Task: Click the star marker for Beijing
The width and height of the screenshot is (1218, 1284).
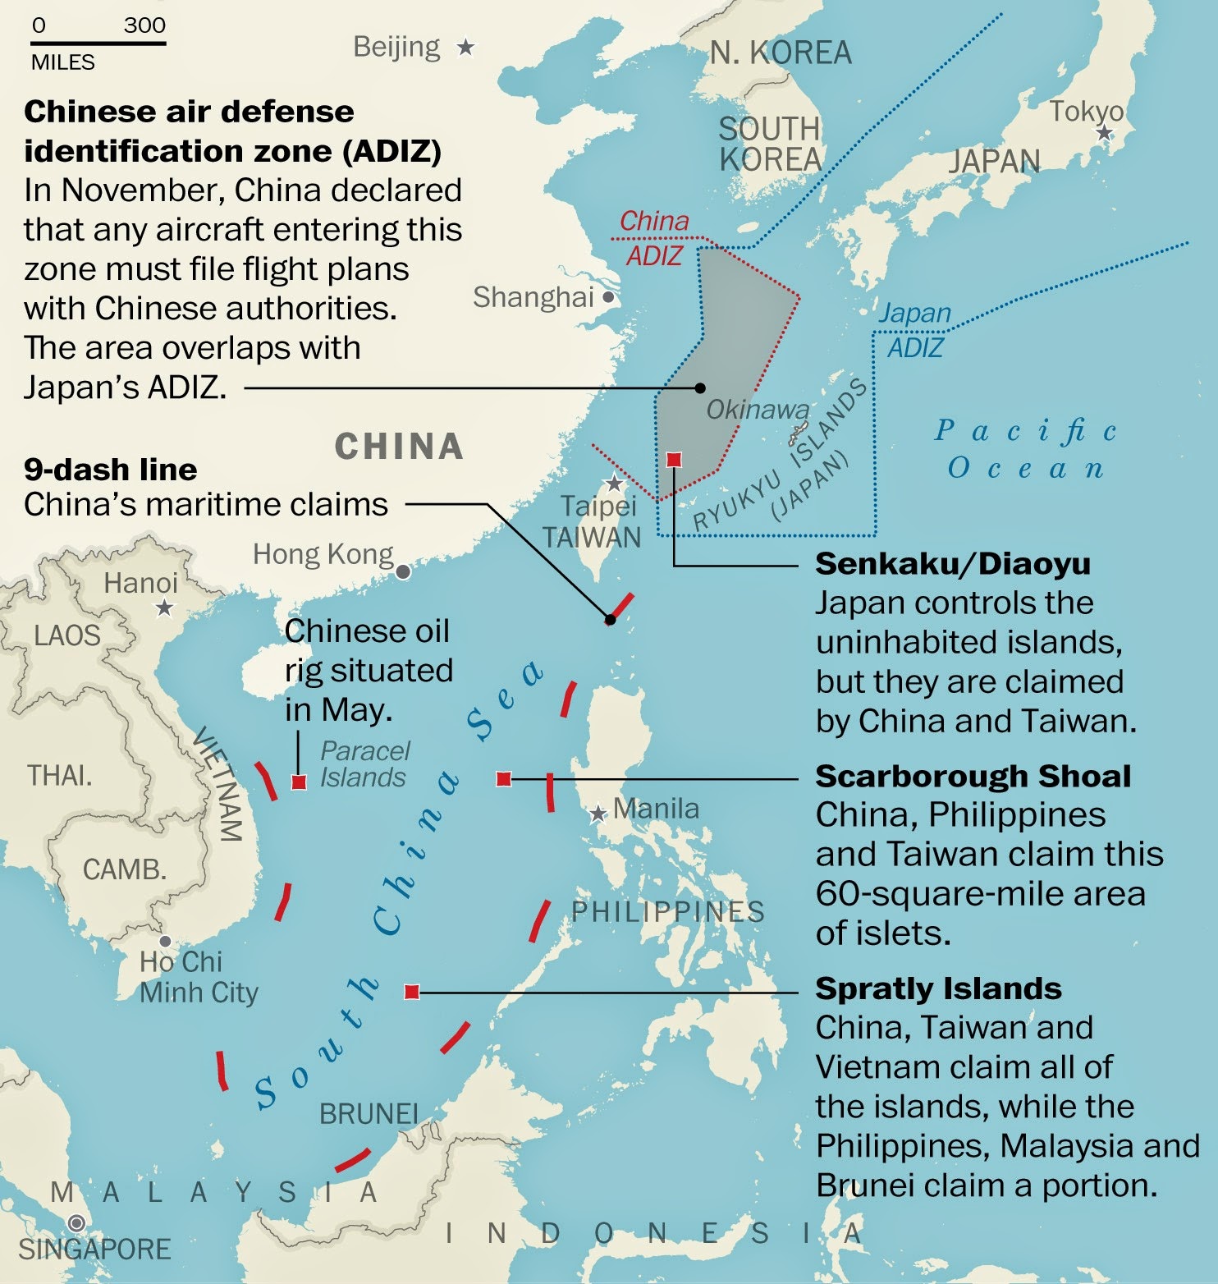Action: click(466, 48)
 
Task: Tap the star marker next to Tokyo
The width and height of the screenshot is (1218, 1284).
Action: click(1105, 133)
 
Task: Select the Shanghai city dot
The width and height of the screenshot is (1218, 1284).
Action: click(608, 297)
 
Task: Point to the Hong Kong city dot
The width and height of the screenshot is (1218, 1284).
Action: click(403, 571)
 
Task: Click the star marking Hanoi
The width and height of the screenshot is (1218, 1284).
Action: click(165, 608)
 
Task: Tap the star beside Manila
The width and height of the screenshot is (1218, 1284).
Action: click(598, 814)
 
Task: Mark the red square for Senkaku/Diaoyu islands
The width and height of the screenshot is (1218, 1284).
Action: click(674, 460)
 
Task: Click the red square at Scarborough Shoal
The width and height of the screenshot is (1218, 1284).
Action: click(504, 778)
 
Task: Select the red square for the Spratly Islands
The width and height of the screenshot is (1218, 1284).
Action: click(412, 992)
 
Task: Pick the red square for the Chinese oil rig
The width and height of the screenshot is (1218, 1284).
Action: click(299, 782)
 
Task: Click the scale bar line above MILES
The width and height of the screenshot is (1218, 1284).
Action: click(98, 43)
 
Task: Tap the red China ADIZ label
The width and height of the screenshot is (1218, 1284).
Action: click(654, 238)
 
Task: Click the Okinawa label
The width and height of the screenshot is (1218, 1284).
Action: click(758, 409)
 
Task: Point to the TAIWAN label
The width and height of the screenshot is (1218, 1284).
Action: click(591, 538)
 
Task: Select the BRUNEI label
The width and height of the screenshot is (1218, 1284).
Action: click(369, 1114)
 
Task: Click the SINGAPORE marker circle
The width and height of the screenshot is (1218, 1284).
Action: click(76, 1223)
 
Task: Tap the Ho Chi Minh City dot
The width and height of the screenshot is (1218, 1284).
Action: click(165, 941)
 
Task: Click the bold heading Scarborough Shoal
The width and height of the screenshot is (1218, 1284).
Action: click(973, 776)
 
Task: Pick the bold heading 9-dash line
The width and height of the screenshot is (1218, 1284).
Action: click(110, 470)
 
